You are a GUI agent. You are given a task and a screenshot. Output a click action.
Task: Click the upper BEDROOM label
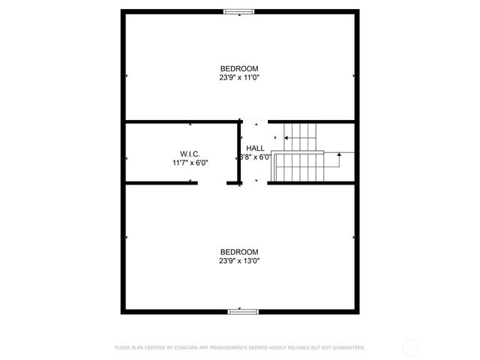(239, 68)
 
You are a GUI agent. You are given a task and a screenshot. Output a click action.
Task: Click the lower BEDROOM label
(239, 252)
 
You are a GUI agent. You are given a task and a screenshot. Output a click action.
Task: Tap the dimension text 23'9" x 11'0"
(239, 77)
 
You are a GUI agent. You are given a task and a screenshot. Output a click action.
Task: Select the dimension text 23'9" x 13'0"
(239, 261)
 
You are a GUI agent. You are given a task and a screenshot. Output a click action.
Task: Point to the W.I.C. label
(189, 154)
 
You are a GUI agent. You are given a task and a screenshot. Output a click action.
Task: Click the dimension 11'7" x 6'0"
(190, 162)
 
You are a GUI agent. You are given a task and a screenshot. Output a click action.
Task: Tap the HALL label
(255, 149)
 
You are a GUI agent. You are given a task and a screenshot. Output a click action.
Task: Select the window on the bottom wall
(239, 311)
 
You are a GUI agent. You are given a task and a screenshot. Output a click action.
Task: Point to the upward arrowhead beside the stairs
(339, 154)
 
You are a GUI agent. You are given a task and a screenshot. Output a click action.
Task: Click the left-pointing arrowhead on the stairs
(285, 138)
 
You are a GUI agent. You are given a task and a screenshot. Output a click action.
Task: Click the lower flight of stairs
(298, 166)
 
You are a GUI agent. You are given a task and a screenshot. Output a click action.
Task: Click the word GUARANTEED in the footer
(346, 347)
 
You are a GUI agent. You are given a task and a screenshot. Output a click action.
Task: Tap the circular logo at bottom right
(410, 347)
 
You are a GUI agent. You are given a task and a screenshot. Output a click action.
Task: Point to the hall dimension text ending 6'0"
(255, 157)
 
